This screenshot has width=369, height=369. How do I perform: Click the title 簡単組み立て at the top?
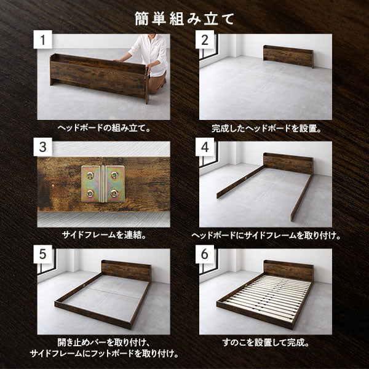[184, 19]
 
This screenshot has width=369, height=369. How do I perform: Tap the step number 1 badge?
[43, 39]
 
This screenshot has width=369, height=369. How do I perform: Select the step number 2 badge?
[205, 39]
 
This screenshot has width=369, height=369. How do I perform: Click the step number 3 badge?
[43, 147]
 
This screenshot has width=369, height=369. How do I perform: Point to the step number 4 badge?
[205, 147]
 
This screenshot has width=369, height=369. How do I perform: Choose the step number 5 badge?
[43, 254]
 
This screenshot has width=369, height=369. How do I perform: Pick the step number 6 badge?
[205, 254]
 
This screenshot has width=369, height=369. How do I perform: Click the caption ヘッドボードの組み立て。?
[104, 129]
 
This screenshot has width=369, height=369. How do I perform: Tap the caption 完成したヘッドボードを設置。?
[266, 129]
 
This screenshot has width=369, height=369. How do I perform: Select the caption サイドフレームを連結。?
[104, 235]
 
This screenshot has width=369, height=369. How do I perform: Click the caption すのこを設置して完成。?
[266, 343]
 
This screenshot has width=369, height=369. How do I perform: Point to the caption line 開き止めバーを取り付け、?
[104, 343]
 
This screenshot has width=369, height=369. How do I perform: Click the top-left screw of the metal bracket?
[90, 175]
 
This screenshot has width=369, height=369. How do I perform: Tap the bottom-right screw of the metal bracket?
[114, 194]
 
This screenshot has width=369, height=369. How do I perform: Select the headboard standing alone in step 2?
[288, 56]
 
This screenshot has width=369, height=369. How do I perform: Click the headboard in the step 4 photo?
[288, 164]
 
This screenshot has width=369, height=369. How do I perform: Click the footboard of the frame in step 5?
[93, 315]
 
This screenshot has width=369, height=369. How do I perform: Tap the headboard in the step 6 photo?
[288, 270]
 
